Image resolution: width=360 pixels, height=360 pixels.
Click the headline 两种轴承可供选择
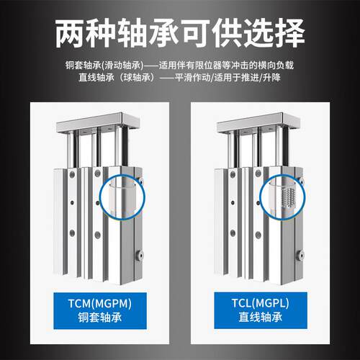180,33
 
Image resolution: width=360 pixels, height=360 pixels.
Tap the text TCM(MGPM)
100,303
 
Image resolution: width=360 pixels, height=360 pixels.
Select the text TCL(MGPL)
261,303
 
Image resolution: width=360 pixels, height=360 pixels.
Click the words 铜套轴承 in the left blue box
100,318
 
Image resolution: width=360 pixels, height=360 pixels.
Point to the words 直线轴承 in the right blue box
261,317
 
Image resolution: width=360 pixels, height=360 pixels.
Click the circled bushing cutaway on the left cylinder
122,197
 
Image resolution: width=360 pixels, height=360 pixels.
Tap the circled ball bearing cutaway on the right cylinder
283,197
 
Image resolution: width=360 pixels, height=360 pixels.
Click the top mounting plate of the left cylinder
98,123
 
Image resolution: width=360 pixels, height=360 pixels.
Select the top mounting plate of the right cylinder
258,123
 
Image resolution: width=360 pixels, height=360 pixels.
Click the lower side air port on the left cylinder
139,256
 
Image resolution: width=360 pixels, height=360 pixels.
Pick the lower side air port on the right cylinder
300,256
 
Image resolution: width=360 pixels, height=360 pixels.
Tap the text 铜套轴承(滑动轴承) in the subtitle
104,65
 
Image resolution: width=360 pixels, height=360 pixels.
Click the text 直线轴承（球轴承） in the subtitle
117,77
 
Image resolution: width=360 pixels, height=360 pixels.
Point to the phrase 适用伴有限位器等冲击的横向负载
226,65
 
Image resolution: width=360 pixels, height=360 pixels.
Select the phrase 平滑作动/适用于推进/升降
228,77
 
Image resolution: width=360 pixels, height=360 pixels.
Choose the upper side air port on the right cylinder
301,181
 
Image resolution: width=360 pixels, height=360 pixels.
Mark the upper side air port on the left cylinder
140,181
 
